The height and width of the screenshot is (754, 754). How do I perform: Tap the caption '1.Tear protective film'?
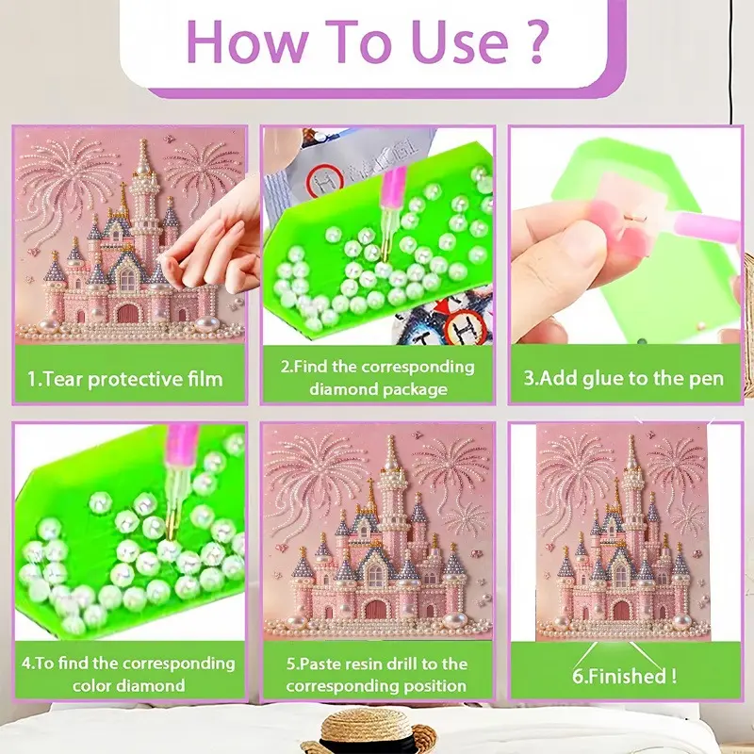[x=125, y=380]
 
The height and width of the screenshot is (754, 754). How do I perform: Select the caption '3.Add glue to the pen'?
[x=624, y=380]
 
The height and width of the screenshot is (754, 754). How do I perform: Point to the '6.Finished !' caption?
[x=624, y=675]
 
